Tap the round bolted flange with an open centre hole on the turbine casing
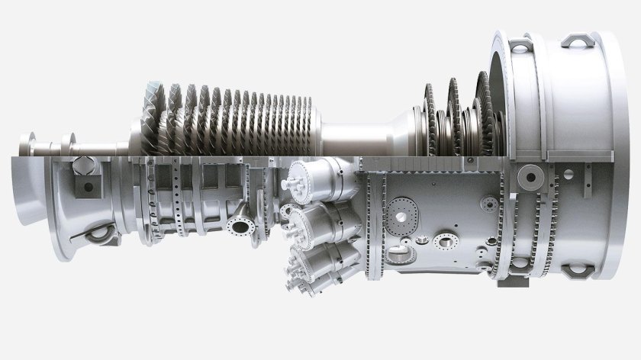pos(443,242)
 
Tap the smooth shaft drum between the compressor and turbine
pos(359,138)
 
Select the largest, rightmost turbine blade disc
pos(485,114)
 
